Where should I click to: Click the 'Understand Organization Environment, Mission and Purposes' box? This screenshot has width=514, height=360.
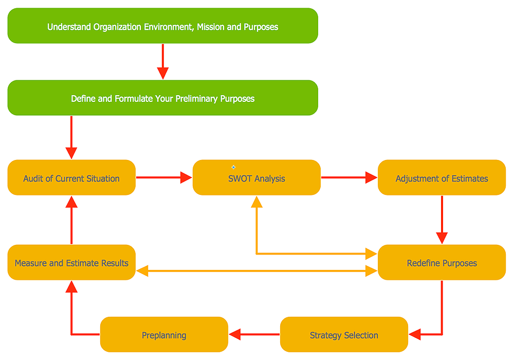pos(162,26)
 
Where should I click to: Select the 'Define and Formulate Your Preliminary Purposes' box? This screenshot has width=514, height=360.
pos(162,98)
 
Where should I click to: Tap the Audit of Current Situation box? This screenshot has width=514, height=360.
pos(71,178)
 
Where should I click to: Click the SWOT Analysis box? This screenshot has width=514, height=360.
pos(256,178)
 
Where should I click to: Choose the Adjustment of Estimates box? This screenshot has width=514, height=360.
pos(442,178)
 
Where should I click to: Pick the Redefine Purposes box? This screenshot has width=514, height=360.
pos(442,263)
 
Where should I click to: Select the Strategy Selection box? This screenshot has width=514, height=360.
pos(344,335)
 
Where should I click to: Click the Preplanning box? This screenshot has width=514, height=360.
pos(164,335)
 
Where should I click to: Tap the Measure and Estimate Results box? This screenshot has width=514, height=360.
pos(71,263)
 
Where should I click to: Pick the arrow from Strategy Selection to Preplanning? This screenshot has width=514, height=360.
pos(254,335)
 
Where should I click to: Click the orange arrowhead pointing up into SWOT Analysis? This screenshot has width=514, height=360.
pos(256,202)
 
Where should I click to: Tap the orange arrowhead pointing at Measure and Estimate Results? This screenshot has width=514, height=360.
pos(142,271)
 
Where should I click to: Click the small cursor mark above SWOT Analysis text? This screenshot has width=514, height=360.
pos(233,167)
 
